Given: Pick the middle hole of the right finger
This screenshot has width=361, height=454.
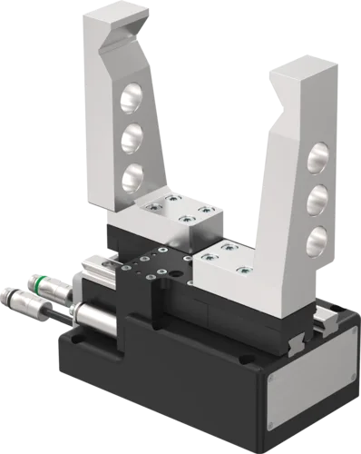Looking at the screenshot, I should [x=318, y=199].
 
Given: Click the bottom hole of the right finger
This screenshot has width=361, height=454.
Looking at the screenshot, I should [x=317, y=241].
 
